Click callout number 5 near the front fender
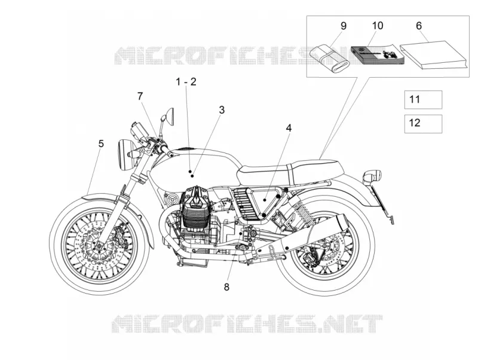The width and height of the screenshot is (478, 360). pyautogui.click(x=101, y=144)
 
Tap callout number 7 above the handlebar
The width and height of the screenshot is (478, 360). pyautogui.click(x=140, y=96)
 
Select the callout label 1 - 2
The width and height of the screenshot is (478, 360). pyautogui.click(x=186, y=82)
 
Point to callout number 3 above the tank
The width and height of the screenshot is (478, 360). pyautogui.click(x=222, y=110)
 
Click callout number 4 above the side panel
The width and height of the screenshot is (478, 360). pyautogui.click(x=289, y=128)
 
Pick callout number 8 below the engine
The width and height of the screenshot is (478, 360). pyautogui.click(x=226, y=287)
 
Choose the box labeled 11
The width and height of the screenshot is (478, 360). pyautogui.click(x=423, y=99)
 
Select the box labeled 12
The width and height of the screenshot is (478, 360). pyautogui.click(x=423, y=124)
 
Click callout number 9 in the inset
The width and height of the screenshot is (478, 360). pyautogui.click(x=344, y=26)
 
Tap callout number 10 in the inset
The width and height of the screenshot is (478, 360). pyautogui.click(x=378, y=26)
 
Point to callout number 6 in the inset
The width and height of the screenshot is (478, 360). pyautogui.click(x=419, y=26)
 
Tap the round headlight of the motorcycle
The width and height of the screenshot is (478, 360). pyautogui.click(x=125, y=155)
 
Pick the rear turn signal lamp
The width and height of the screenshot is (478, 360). pyautogui.click(x=372, y=176)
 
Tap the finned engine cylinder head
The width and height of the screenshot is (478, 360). pyautogui.click(x=195, y=208)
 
